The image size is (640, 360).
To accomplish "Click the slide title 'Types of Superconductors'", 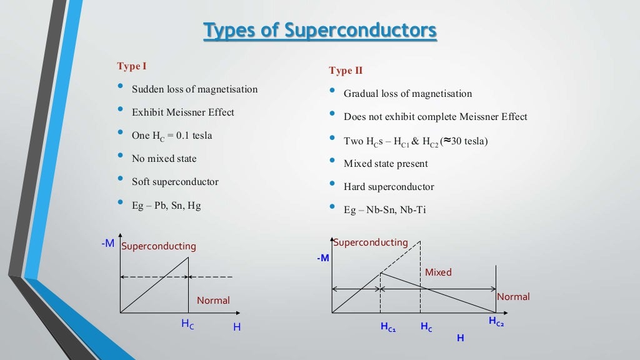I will pos(320,31).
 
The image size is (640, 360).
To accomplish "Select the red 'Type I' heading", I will pos(131,66).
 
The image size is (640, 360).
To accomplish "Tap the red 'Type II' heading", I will pos(346,71).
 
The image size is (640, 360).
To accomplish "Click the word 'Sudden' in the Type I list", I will pos(148,89).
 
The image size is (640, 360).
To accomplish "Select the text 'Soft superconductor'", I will pos(175,182).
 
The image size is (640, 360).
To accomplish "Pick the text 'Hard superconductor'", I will pos(388,187).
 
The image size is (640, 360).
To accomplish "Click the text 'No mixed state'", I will pos(164,159).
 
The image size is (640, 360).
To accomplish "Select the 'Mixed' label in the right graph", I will pos(438,272).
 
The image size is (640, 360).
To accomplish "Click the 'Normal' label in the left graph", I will pos(213,301).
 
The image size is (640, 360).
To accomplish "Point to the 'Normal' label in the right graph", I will pos(513,297).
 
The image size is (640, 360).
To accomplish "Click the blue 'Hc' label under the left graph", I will pos(187,324).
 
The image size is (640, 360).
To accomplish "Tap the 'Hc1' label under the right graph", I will pos(388,327).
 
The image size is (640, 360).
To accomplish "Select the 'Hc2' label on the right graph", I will pos(496,321).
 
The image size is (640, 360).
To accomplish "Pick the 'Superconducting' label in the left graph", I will pos(158,246).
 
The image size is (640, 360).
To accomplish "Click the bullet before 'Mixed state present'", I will pos(332,162).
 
